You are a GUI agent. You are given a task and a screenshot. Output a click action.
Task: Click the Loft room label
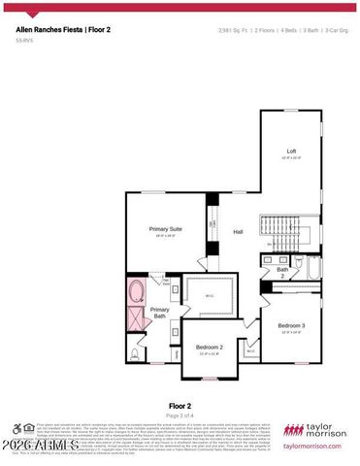point(291,152)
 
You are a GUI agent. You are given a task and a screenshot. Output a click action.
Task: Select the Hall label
point(238,231)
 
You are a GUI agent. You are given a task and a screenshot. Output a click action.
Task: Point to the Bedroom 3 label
point(291,325)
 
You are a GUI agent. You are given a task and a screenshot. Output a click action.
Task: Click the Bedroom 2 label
point(210,347)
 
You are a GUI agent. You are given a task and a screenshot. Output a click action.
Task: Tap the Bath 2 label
point(281,273)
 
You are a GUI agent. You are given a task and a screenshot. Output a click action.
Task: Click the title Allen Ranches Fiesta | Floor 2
point(61,30)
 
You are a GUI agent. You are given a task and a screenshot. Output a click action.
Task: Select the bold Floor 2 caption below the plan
point(180,407)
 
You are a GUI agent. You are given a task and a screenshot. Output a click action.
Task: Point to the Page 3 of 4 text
point(180,416)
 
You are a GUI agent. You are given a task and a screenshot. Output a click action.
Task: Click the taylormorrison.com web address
point(312,447)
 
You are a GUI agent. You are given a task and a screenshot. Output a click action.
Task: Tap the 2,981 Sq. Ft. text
point(233,31)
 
